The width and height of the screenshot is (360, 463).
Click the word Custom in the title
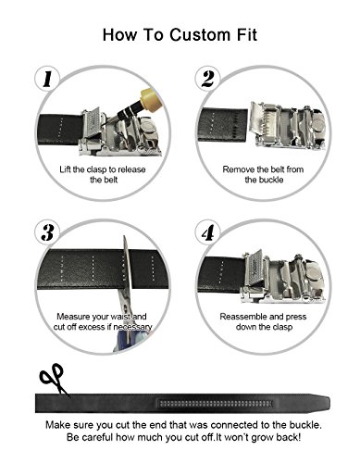200,34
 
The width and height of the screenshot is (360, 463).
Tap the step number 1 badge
47,79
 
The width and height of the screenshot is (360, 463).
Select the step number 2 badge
208,79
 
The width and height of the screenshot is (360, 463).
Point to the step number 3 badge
47,232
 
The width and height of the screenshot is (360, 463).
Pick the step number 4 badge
208,232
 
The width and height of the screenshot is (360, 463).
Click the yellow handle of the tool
149,99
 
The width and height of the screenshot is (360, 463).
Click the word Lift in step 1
66,169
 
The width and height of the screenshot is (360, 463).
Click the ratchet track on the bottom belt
215,403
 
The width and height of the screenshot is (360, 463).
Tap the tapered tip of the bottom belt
326,403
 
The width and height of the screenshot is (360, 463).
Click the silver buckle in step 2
287,126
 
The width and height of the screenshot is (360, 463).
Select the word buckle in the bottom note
304,425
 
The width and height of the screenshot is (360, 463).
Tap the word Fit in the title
247,34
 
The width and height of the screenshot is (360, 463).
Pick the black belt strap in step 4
220,275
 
